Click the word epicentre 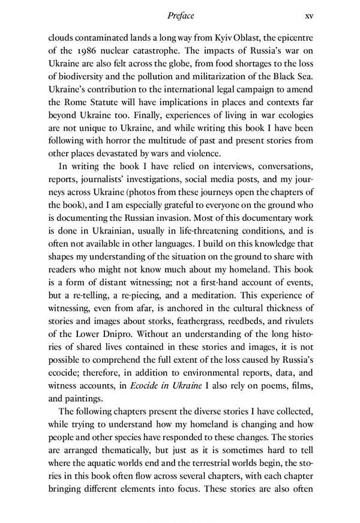point(292,36)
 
